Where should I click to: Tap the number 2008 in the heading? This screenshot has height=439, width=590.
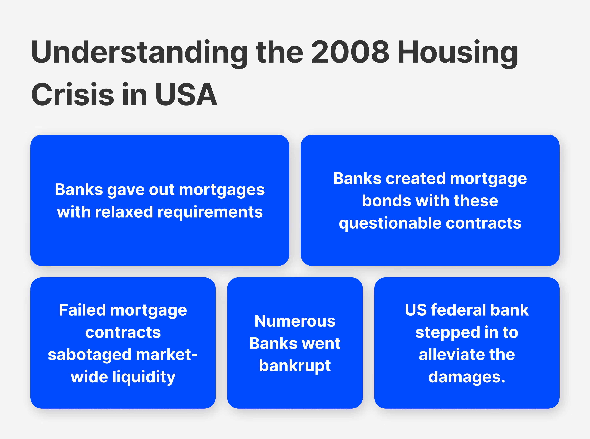click(x=350, y=52)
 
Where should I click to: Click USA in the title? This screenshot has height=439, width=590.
click(x=186, y=94)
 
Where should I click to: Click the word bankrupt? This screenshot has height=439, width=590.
click(x=295, y=366)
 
